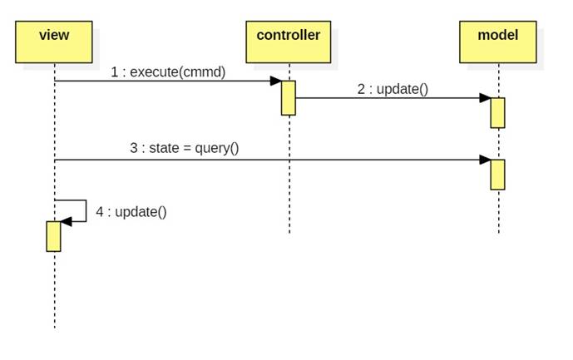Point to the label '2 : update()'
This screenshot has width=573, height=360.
[x=393, y=89]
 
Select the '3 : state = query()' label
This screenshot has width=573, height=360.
[x=184, y=149]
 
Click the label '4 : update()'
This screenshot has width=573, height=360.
[x=131, y=211]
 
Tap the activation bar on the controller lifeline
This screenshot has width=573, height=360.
[x=289, y=97]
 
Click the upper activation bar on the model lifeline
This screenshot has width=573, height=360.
[x=497, y=112]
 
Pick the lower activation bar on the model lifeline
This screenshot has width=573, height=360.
[x=497, y=174]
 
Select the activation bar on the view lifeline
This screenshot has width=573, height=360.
[x=54, y=235]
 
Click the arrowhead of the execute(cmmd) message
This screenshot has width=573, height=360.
[x=275, y=81]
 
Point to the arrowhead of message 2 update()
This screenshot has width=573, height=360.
[x=485, y=98]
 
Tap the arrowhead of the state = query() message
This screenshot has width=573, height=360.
[x=485, y=160]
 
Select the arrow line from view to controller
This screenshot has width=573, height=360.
[x=166, y=81]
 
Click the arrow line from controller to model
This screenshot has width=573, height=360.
[x=391, y=98]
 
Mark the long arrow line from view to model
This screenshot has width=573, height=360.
[x=266, y=160]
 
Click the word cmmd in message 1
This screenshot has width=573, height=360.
[x=209, y=72]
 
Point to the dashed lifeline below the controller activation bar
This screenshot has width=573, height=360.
[x=289, y=175]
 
